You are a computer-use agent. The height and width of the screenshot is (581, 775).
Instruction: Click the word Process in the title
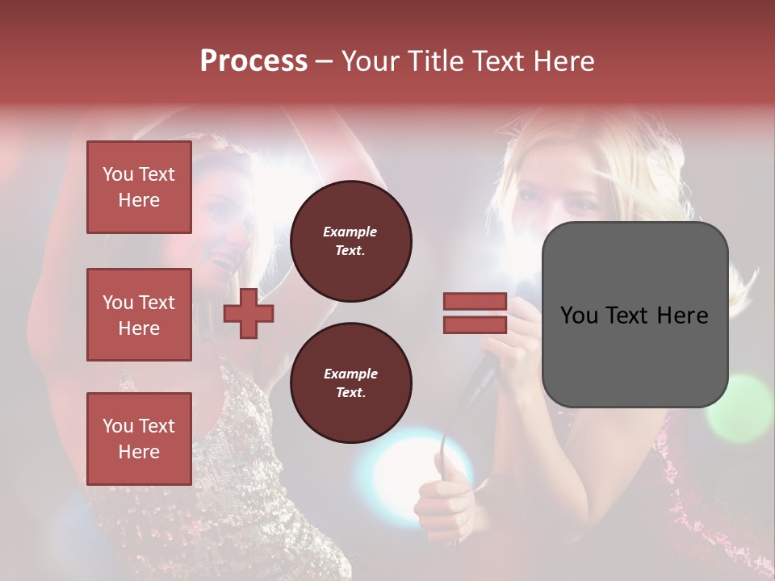(253, 61)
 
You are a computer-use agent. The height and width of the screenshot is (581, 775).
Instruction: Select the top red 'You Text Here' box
(139, 187)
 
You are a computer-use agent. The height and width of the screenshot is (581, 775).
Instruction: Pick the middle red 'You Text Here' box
(139, 315)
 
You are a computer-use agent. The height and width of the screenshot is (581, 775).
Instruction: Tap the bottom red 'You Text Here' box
(139, 438)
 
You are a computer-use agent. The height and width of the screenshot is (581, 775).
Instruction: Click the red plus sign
(249, 313)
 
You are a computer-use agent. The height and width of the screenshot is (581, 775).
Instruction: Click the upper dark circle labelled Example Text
(350, 240)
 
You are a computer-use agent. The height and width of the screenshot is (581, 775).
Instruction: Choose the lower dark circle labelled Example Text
(350, 382)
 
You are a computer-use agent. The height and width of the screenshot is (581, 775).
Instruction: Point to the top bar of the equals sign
(475, 302)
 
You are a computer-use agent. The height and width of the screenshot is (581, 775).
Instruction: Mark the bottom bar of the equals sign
(475, 324)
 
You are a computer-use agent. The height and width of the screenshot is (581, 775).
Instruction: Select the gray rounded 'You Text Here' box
(635, 315)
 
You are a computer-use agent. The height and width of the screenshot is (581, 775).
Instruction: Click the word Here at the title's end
(562, 61)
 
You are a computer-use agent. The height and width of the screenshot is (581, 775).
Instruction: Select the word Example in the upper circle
(350, 232)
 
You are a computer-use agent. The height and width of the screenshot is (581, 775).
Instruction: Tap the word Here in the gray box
(681, 316)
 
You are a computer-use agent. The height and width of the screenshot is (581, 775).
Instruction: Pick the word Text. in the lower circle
(350, 392)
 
